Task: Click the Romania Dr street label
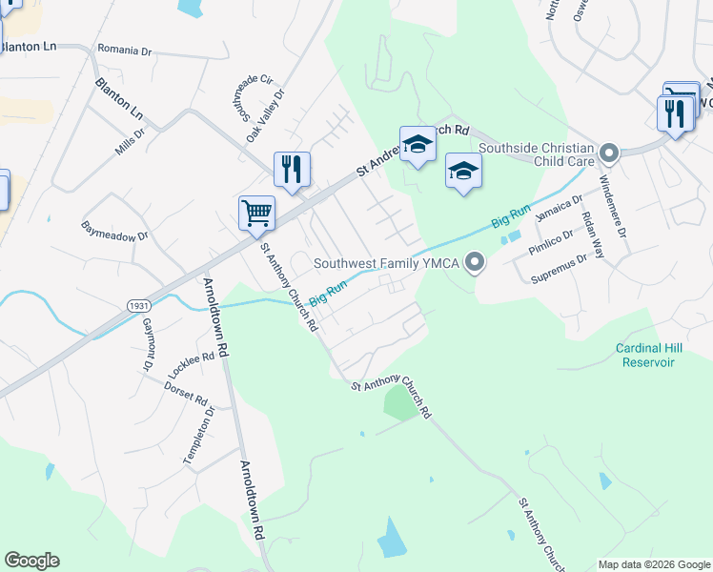[x=124, y=50]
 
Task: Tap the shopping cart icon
[x=256, y=213]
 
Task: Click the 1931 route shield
[x=137, y=304]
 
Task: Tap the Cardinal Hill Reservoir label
[x=647, y=355]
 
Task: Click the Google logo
[x=31, y=561]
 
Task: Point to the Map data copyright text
[x=654, y=564]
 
